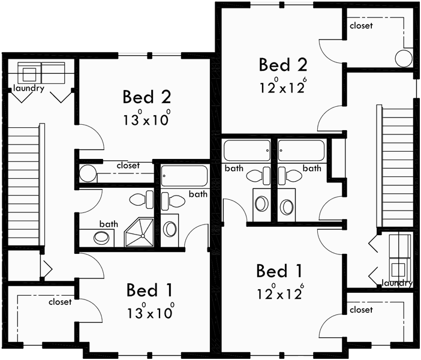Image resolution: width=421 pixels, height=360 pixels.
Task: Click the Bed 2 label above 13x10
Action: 147,97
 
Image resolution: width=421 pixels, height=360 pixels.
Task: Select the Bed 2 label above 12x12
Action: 282,65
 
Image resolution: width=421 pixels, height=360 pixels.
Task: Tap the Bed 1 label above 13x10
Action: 149,290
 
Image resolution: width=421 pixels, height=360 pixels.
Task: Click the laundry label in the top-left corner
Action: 29,89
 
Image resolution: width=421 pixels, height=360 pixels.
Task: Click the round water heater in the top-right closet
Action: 404,58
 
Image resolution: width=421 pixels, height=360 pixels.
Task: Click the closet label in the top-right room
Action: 360,26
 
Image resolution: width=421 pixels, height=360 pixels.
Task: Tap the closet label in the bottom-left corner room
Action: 60,302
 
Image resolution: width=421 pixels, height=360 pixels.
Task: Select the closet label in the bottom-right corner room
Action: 360,310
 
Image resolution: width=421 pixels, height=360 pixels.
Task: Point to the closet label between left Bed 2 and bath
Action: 128,165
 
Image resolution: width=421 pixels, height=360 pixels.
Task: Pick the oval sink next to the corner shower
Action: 103,236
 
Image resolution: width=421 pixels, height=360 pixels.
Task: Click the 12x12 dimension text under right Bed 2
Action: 282,86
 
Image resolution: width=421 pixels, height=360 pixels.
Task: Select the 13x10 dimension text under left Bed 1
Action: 149,312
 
